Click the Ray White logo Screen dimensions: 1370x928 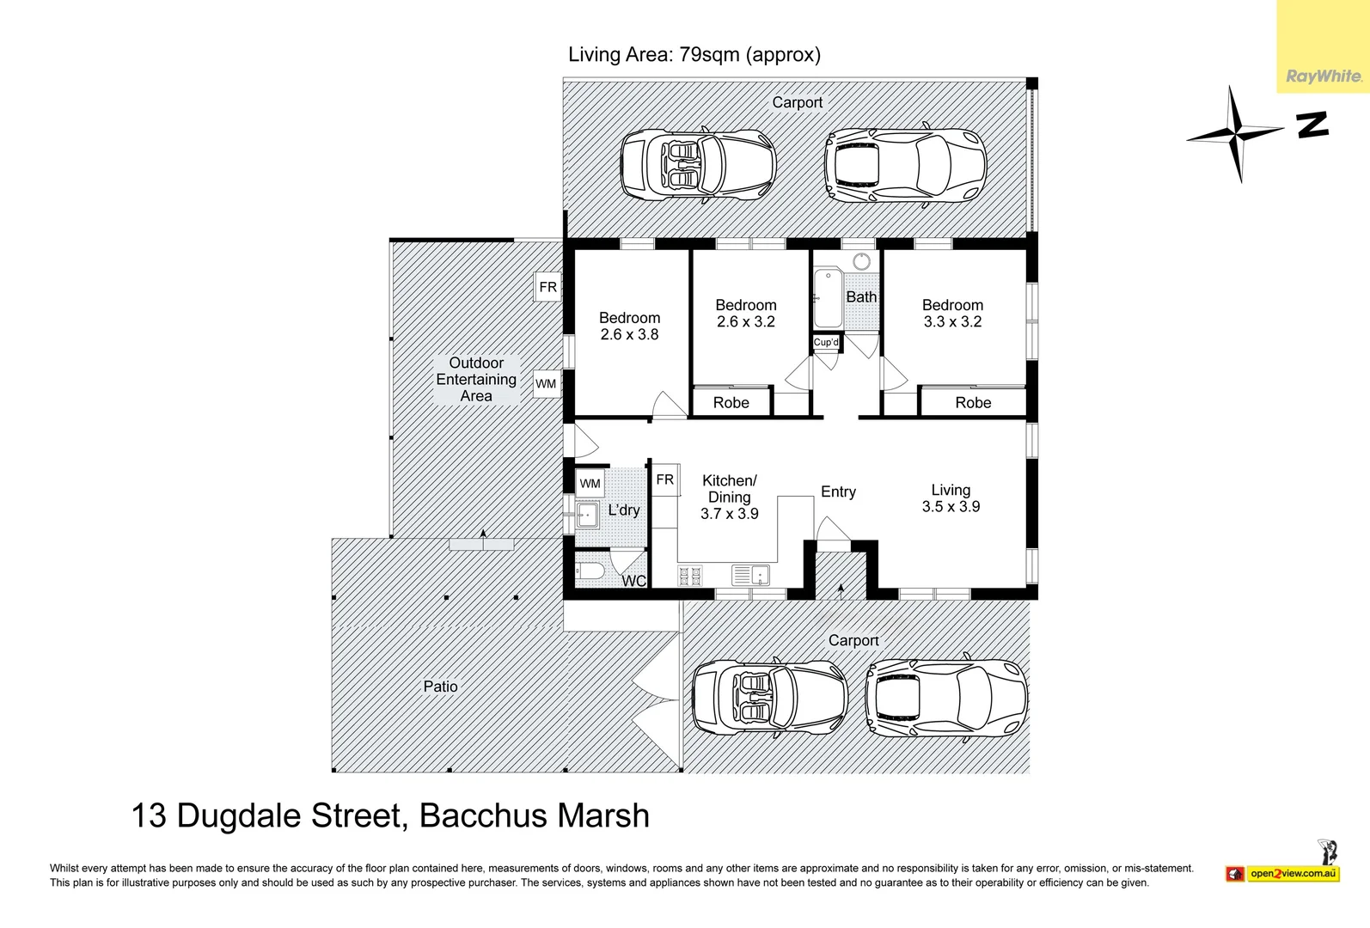click(1324, 76)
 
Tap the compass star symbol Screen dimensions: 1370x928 click(1235, 132)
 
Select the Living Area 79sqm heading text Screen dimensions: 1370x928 click(694, 55)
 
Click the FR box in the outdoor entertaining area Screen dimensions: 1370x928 click(548, 287)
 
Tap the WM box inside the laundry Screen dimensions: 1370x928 click(590, 483)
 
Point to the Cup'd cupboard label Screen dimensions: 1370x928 click(826, 342)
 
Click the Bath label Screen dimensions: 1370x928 click(861, 297)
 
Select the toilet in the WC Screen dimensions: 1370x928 click(590, 571)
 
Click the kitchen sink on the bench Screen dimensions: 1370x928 click(751, 575)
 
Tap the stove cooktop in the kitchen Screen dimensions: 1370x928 click(690, 576)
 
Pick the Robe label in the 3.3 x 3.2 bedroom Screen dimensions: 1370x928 click(973, 403)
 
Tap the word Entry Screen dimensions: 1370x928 click(839, 492)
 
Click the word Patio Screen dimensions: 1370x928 click(440, 687)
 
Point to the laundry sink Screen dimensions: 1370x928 click(587, 515)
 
